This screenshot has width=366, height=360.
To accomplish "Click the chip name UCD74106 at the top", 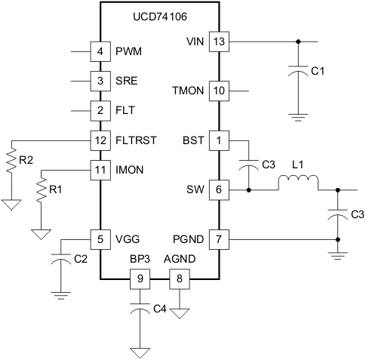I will coord(158,14).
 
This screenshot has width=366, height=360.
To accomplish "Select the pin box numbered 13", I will coord(218,41).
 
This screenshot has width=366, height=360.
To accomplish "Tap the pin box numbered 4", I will coord(100,52).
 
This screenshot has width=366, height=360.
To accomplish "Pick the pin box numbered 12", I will coord(100,140).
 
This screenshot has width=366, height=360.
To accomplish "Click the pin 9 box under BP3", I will coord(138,279).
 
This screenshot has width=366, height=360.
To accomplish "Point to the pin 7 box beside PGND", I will coord(218,239).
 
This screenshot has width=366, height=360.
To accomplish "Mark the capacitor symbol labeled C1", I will coord(299,72).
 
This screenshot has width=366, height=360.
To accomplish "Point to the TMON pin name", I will coord(189,91).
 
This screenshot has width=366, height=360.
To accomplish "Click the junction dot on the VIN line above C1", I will coord(299,41).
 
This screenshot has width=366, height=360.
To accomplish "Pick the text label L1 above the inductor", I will coord(298,164).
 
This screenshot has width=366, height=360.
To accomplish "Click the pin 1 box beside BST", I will coord(218,140).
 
